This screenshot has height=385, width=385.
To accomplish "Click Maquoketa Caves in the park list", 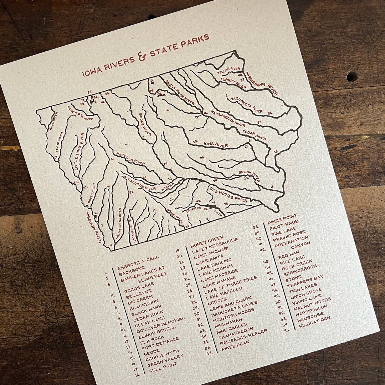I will (x=234, y=310).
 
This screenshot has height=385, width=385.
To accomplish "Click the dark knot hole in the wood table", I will (x=351, y=76).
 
